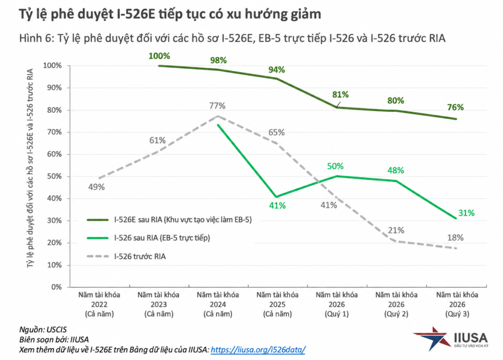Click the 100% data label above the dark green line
(159, 56)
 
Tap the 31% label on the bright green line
(466, 213)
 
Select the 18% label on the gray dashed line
(455, 238)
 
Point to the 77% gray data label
(217, 106)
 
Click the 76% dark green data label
(455, 107)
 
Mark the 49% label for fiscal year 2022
(97, 187)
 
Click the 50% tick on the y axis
(55, 176)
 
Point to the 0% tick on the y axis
(56, 287)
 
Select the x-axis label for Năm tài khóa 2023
(159, 304)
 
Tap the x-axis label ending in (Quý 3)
(457, 304)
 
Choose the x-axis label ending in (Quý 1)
(336, 304)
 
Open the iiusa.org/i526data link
(258, 349)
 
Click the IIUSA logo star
(431, 338)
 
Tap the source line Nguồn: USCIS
(43, 330)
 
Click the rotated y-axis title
(30, 168)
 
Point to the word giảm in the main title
(306, 14)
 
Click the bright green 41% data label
(277, 206)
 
